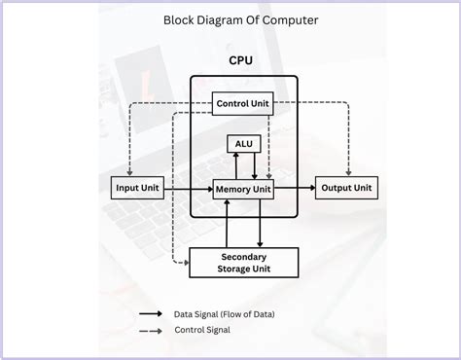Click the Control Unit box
point(242,102)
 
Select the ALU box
point(242,144)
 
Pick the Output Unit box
point(346,188)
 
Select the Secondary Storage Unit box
point(243,263)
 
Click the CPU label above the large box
point(242,60)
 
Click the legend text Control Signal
point(202,331)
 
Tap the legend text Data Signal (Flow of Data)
point(224,314)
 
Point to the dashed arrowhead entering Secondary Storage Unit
point(184,262)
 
